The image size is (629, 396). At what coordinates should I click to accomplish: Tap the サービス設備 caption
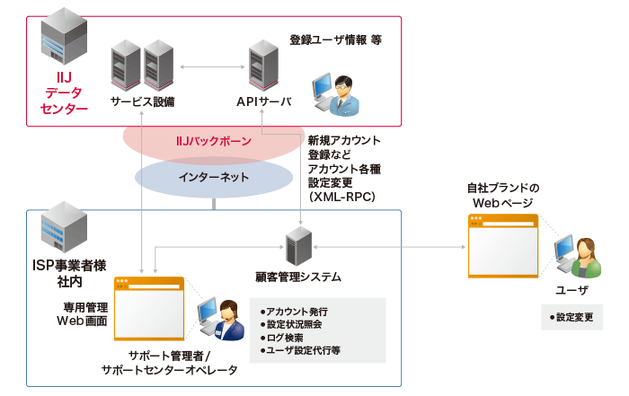[x=142, y=102]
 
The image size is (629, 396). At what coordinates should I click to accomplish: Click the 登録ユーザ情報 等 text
[x=335, y=40]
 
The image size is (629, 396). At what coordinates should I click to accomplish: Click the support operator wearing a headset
[x=222, y=319]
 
